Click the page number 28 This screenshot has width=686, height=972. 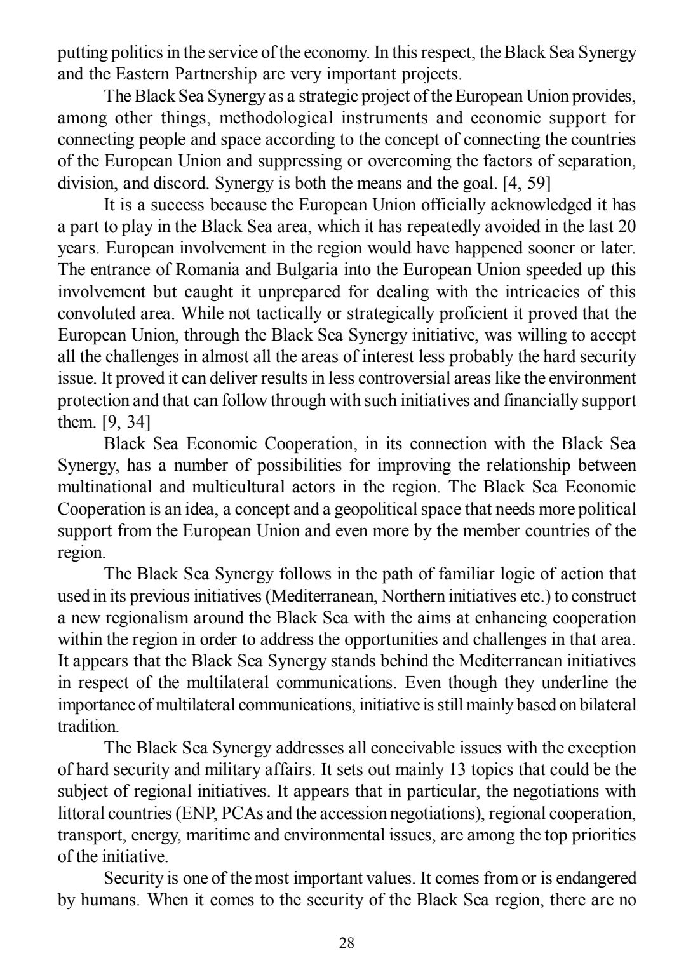[347, 942]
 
